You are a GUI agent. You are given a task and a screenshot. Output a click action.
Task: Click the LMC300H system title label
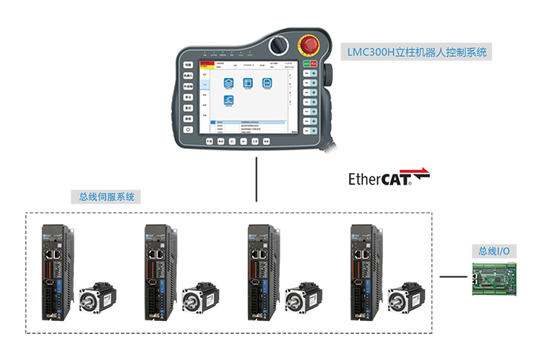[x=418, y=52]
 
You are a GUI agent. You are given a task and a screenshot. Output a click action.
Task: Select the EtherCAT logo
[x=389, y=177]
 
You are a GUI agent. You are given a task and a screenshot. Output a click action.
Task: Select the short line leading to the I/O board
[x=453, y=276]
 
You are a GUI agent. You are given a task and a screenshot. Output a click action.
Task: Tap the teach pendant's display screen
[x=250, y=98]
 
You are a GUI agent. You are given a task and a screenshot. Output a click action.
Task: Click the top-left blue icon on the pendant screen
[x=230, y=84]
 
